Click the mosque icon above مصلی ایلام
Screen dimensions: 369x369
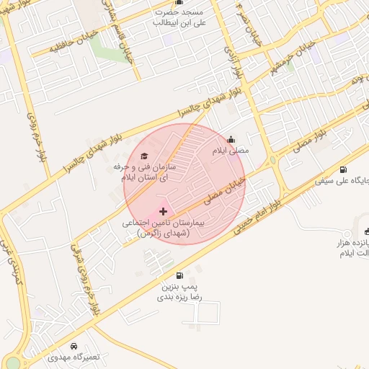231,140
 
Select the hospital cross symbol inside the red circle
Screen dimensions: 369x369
163,211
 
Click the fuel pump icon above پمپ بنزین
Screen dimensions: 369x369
179,275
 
